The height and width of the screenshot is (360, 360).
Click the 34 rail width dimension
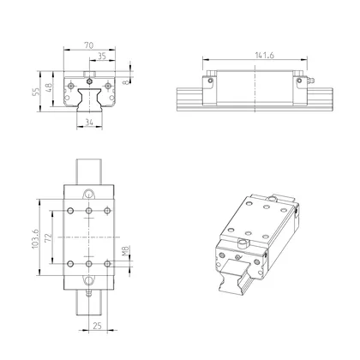tap(88, 123)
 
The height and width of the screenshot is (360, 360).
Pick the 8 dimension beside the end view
tap(127, 83)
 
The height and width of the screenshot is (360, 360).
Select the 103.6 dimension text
tap(34, 236)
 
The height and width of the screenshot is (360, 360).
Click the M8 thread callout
tap(127, 250)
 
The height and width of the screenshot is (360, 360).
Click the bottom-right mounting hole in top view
tap(106, 262)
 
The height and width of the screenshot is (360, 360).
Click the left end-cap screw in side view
tap(207, 82)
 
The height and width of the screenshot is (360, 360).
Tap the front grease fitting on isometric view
tap(242, 246)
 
